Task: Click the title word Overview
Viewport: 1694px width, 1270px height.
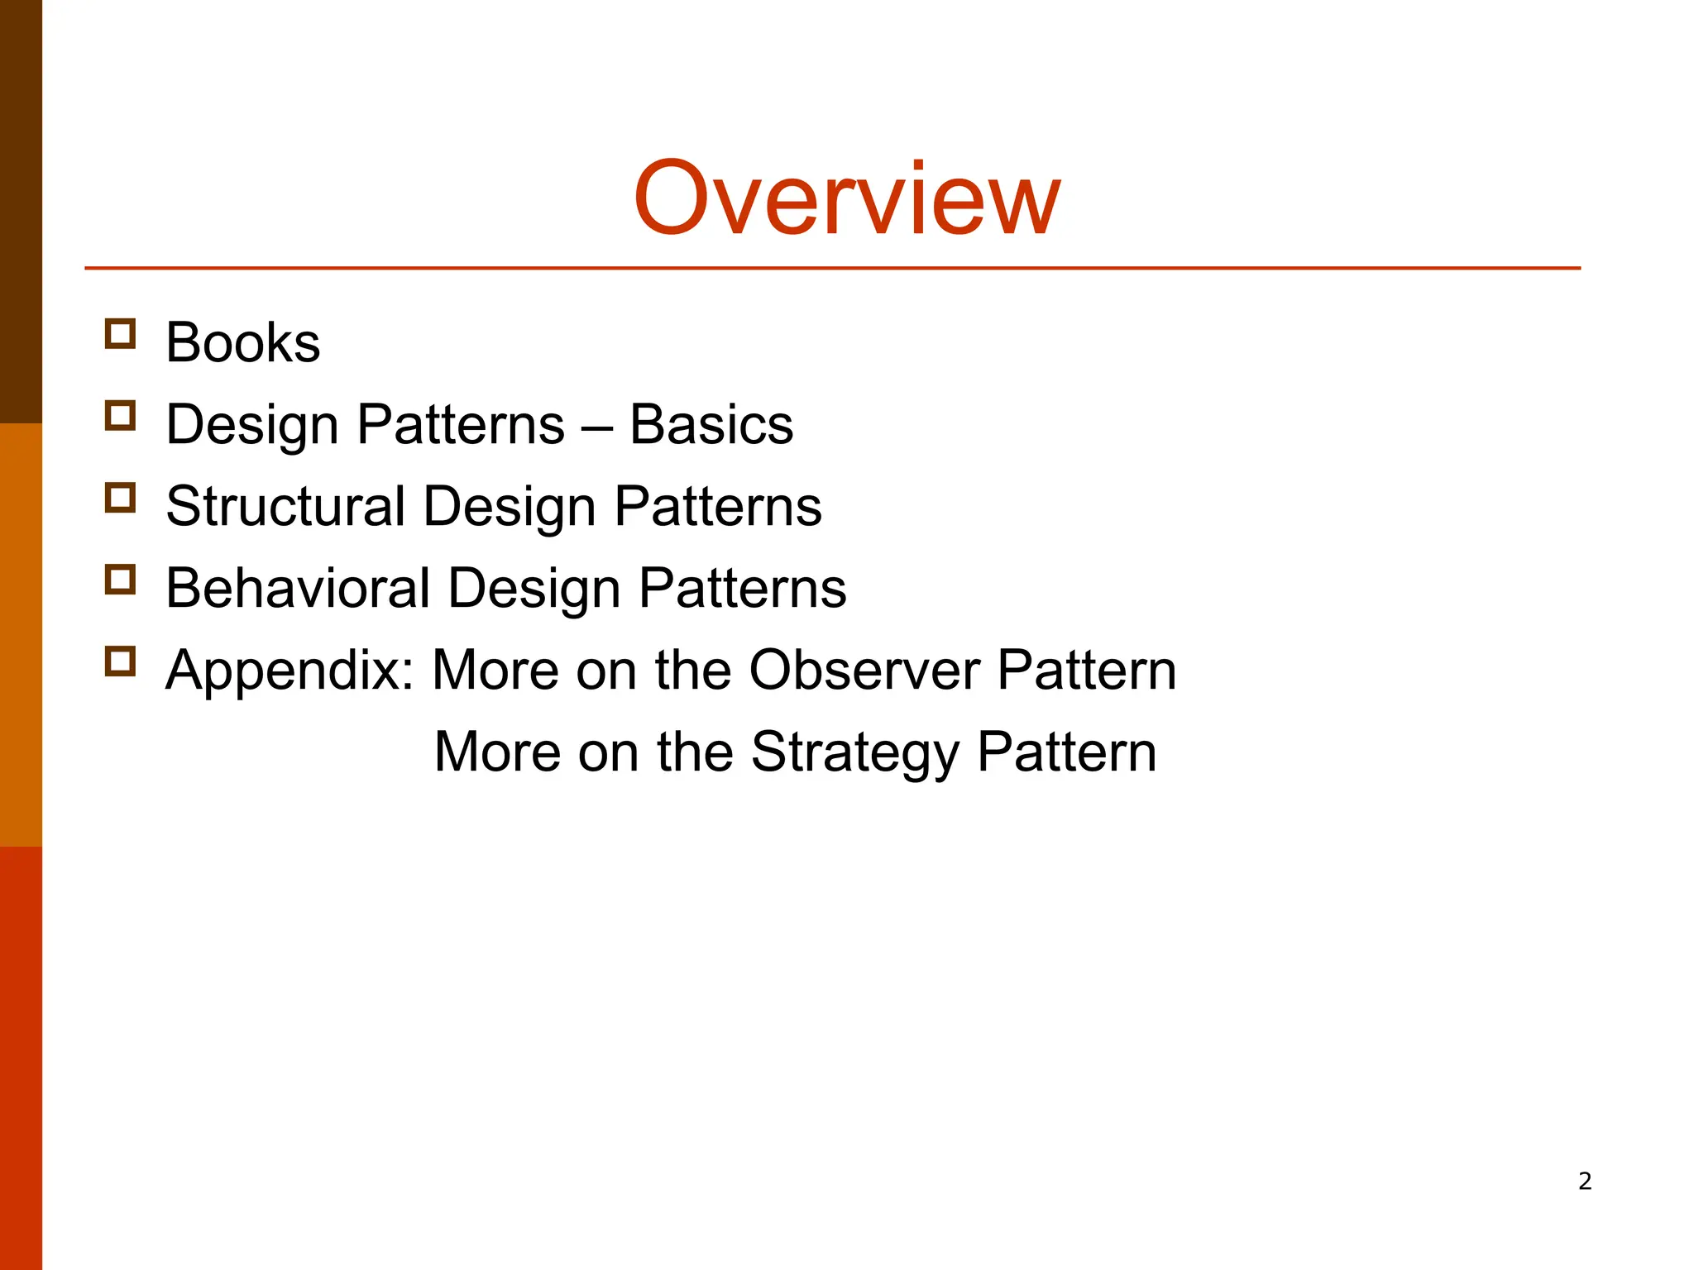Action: click(x=846, y=198)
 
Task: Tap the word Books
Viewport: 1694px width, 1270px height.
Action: click(x=242, y=342)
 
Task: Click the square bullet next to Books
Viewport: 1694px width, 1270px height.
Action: click(x=121, y=334)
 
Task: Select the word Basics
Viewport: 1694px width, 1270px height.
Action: click(x=711, y=424)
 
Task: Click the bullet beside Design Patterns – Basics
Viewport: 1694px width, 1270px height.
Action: click(x=121, y=416)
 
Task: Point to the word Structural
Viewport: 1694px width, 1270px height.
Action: click(x=285, y=506)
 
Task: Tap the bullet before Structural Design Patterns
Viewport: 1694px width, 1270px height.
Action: click(x=121, y=498)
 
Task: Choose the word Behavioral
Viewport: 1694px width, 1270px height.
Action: click(x=298, y=588)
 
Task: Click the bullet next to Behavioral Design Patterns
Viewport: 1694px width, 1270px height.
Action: click(x=121, y=580)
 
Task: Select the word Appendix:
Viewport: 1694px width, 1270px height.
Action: click(x=290, y=670)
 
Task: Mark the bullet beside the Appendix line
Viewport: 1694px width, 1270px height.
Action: click(x=121, y=661)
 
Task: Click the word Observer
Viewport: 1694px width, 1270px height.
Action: click(x=864, y=669)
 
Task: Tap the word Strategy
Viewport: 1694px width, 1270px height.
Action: click(x=855, y=752)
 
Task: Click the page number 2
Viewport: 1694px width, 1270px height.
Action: click(x=1585, y=1181)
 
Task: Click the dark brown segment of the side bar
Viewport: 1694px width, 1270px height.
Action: click(x=21, y=211)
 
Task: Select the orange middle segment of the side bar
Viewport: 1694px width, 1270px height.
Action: click(x=21, y=634)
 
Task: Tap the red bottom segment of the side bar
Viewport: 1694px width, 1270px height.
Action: click(x=21, y=1058)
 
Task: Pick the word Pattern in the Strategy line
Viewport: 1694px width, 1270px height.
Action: click(x=1066, y=752)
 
